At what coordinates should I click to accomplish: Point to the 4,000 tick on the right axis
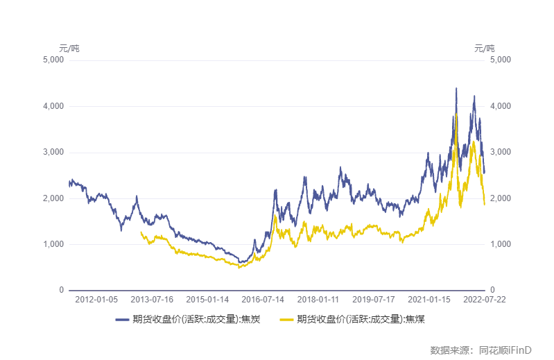[x=500, y=106]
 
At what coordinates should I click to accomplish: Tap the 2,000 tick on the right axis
[x=500, y=198]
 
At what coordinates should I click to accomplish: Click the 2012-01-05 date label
[x=96, y=300]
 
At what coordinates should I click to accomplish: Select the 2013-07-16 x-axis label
[x=152, y=300]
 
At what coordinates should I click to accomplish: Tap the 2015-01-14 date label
[x=207, y=300]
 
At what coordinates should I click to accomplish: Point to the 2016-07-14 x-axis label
[x=263, y=300]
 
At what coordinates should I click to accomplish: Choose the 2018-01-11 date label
[x=318, y=300]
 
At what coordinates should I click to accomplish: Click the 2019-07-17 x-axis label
[x=374, y=300]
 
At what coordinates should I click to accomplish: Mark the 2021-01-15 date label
[x=429, y=300]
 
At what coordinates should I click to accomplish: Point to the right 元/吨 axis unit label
[x=485, y=49]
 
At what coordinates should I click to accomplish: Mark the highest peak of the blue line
[x=456, y=88]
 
